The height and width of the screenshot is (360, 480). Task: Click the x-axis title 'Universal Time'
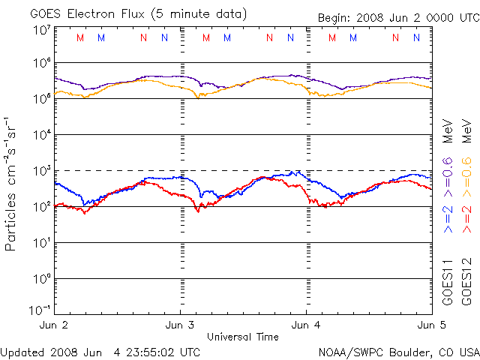coord(242,337)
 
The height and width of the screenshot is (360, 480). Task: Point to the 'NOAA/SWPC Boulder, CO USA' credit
coord(398,351)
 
